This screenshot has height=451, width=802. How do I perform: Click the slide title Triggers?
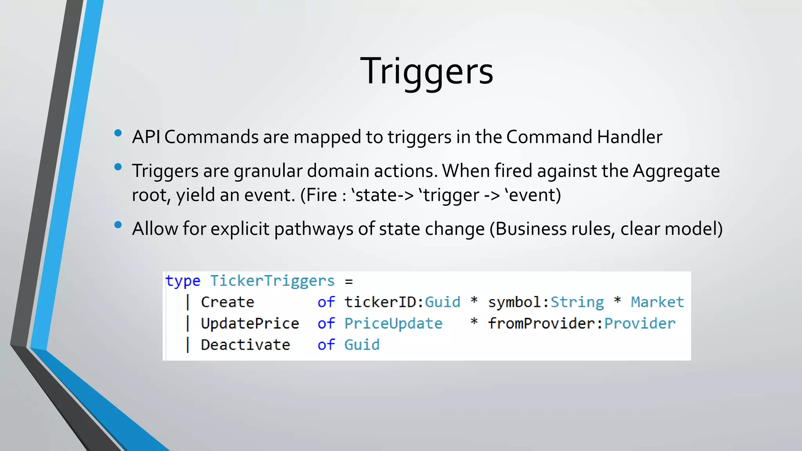[x=426, y=71]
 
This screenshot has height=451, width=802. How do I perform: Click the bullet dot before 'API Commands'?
[x=118, y=133]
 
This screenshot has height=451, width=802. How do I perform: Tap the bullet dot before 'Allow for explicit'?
[x=118, y=225]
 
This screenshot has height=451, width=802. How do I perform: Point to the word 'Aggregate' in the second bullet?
[x=676, y=171]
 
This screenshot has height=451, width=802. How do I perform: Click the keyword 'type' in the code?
[x=183, y=281]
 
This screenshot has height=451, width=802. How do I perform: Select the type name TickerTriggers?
[x=272, y=281]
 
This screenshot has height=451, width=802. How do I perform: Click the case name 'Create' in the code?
[x=228, y=302]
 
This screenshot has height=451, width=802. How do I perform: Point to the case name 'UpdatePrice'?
[x=250, y=323]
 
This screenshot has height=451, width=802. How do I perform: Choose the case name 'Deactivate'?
[x=246, y=345]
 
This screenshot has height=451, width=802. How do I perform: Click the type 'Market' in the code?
[x=657, y=302]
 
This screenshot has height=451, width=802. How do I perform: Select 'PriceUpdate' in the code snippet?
[x=393, y=323]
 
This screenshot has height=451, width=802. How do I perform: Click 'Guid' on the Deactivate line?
[x=362, y=345]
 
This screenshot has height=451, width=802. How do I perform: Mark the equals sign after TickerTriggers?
[x=349, y=281]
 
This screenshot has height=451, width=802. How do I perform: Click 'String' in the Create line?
[x=577, y=302]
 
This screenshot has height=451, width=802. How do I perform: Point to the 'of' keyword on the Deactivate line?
[x=326, y=345]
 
